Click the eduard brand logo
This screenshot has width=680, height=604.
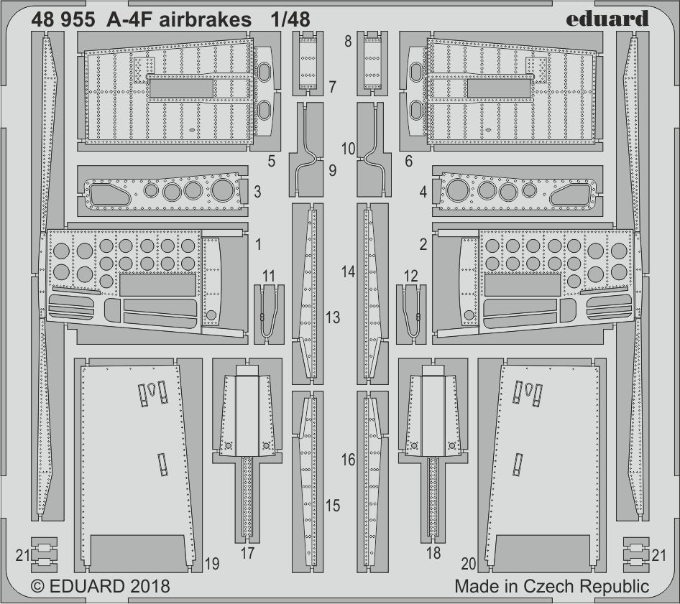607,19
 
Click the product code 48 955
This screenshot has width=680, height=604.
63,20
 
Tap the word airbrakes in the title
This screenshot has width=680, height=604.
206,20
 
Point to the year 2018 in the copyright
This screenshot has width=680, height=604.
148,586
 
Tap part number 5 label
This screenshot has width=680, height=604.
272,161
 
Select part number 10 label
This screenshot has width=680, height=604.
348,149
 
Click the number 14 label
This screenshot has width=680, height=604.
348,271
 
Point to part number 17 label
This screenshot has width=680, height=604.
247,553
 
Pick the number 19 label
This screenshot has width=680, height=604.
212,564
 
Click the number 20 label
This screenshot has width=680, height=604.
469,564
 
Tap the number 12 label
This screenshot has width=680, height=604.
410,276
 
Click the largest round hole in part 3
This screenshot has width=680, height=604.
224,190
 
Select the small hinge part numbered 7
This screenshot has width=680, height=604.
308,63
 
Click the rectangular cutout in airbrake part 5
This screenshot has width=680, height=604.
181,88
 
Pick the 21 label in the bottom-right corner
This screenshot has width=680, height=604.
658,555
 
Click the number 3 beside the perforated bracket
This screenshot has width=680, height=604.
257,192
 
